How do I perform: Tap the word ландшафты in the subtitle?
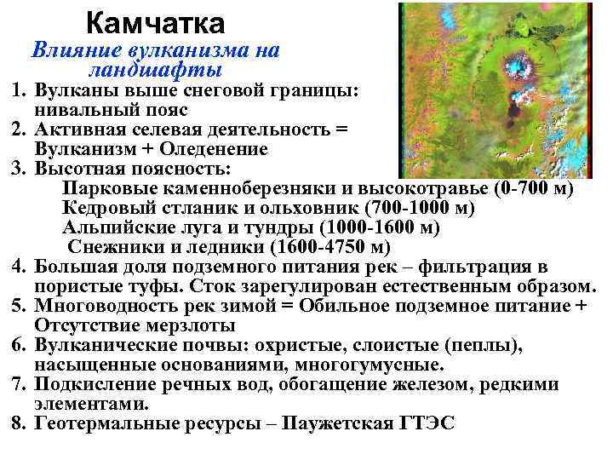tap(155, 69)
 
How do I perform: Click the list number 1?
tap(19, 89)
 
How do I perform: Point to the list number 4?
tap(19, 267)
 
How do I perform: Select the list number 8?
tap(19, 423)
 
